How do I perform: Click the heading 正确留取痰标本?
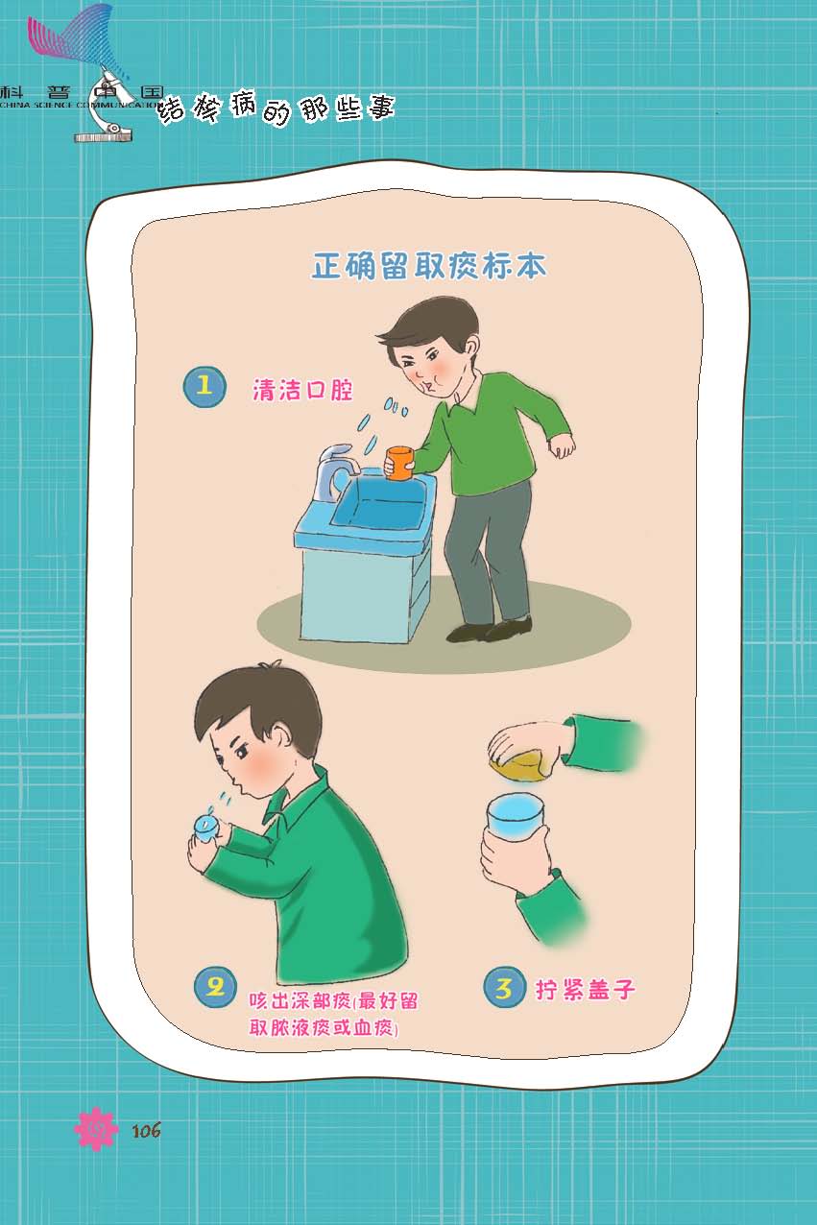point(429,266)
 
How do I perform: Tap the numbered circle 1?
point(204,387)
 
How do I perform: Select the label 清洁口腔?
point(302,391)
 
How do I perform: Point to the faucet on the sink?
point(336,470)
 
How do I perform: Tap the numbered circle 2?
point(215,987)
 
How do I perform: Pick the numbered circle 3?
point(504,987)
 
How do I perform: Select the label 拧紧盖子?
point(585,989)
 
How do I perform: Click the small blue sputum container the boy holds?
point(206,829)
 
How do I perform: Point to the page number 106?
point(146,1129)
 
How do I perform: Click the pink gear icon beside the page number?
point(96,1128)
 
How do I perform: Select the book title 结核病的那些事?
point(276,107)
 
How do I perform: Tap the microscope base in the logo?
point(104,135)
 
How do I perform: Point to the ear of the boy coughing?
point(276,733)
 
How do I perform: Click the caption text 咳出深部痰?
point(300,1000)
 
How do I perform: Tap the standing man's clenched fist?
point(562,446)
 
